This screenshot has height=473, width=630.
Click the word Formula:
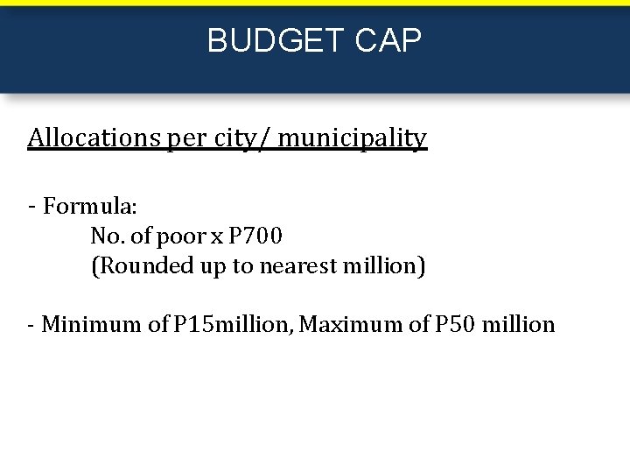coord(90,207)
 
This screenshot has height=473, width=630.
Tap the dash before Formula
coord(31,206)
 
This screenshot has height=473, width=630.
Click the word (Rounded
coord(133,265)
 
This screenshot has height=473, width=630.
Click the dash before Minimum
coord(31,325)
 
